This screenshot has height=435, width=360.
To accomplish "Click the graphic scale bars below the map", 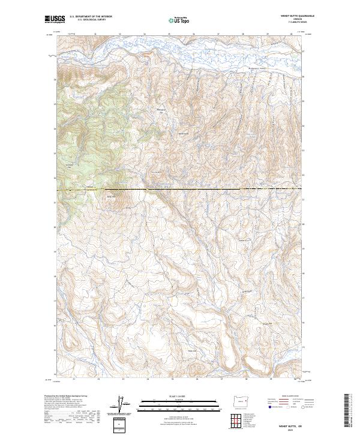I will [180, 406].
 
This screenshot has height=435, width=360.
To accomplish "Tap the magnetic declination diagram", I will [124, 406].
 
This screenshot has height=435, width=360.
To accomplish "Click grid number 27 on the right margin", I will [303, 52].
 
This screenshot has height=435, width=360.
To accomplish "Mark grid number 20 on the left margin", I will [55, 228].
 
